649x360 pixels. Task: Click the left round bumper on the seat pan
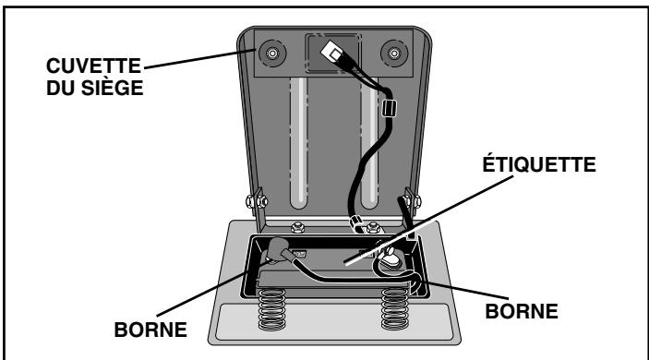pos(272,53)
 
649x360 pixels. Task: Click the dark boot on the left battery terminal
pos(276,249)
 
